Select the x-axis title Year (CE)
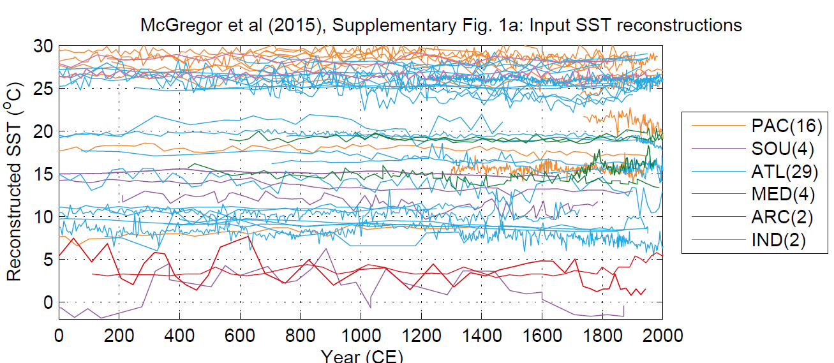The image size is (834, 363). point(361,356)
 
